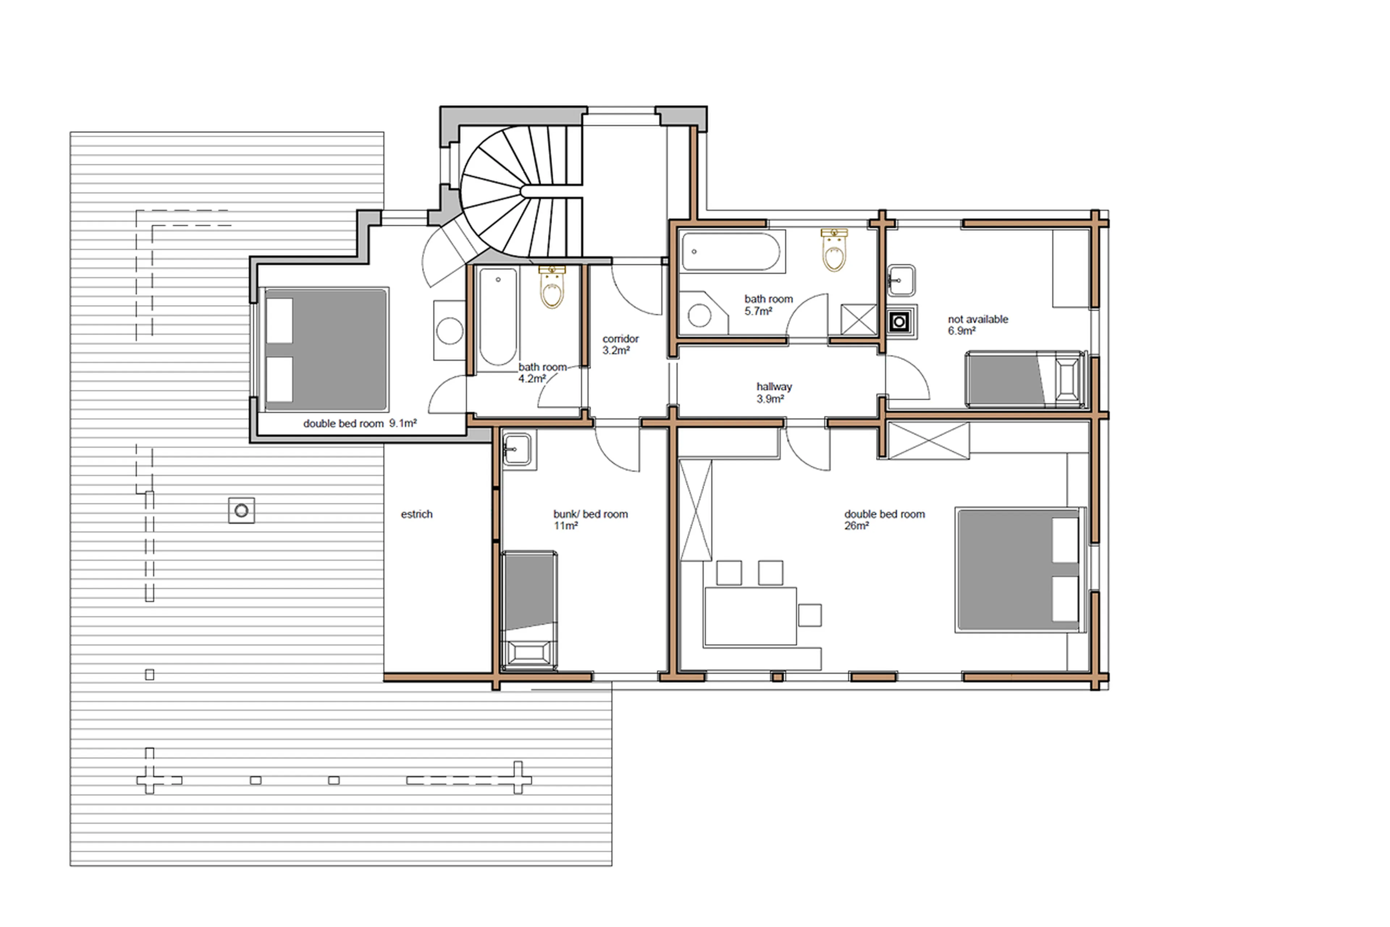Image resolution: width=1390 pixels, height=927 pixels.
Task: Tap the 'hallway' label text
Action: point(774,387)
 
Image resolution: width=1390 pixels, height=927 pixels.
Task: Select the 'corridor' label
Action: point(620,339)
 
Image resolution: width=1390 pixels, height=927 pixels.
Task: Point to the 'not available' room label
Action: point(978,319)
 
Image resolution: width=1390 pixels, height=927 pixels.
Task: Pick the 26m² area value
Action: point(856,526)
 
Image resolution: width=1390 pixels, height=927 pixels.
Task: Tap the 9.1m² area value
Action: point(403,423)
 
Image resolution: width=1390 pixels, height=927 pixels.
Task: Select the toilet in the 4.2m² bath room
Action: point(552,288)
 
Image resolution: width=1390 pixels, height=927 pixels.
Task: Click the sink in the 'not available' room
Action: point(901,280)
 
